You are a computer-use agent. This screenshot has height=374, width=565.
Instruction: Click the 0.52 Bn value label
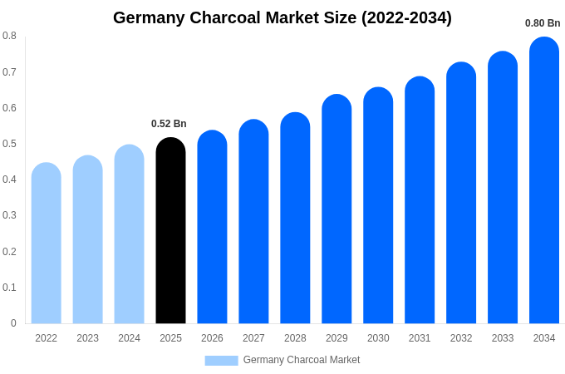(169, 124)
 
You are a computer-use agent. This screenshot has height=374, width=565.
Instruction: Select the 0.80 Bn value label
(543, 23)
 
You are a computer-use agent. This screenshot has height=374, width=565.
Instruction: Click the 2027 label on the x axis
(253, 338)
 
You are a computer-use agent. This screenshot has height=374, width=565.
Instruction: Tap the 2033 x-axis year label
(503, 338)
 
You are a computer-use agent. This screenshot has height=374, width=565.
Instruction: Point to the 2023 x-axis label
(87, 338)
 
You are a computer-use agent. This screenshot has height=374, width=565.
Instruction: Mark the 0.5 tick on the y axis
(9, 144)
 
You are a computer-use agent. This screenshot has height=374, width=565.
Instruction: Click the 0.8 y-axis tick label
(9, 36)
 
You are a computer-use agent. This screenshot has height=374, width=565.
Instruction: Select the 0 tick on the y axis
(13, 323)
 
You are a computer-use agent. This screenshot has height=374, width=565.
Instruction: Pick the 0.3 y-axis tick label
(9, 215)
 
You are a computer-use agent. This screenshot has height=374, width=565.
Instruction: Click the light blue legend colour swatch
(221, 361)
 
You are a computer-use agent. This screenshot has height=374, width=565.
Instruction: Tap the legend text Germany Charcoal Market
(302, 360)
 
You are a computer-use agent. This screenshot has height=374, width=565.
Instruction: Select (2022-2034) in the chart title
(406, 17)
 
